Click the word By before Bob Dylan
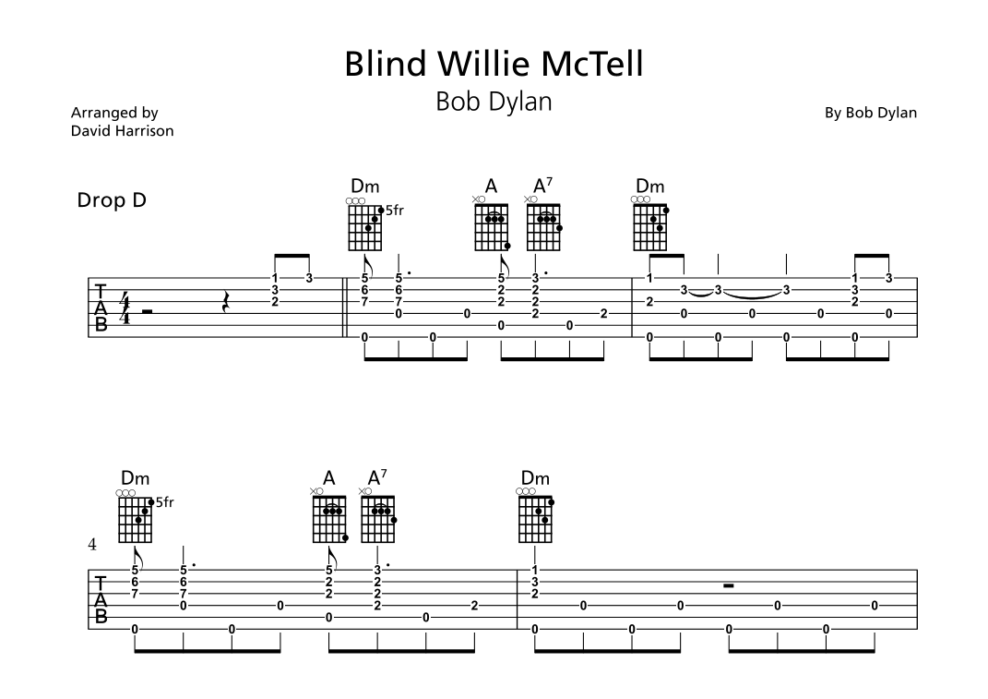832,113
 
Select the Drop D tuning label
112,199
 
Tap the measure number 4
92,545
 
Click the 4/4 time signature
124,309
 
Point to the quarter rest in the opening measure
226,302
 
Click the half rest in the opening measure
147,312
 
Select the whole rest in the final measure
728,585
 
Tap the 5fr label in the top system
394,211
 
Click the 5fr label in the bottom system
164,503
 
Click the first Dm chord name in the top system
364,186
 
